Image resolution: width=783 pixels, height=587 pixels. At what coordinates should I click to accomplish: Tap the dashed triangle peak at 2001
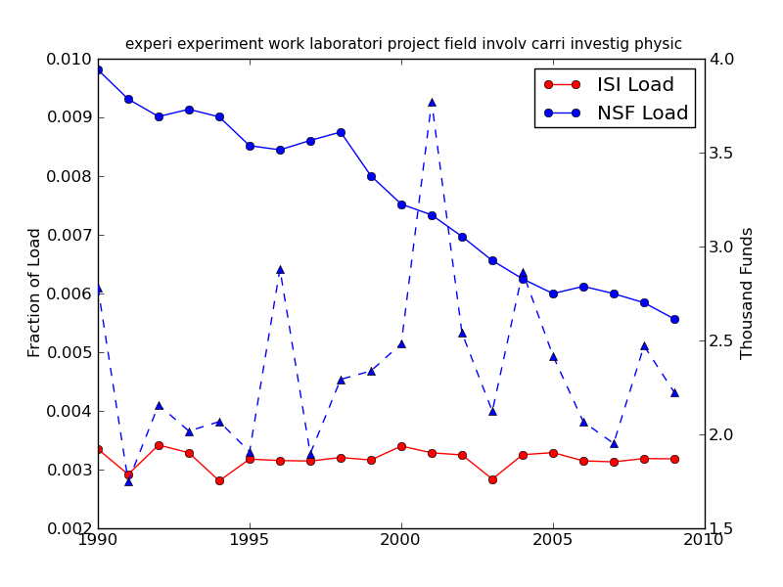432,102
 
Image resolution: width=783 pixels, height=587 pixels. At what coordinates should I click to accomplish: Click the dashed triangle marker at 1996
280,269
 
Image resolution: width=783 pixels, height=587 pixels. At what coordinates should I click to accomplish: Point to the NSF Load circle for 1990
98,69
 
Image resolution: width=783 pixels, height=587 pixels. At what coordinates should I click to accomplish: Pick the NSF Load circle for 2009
674,319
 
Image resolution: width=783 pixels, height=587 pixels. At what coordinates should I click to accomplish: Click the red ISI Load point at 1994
219,480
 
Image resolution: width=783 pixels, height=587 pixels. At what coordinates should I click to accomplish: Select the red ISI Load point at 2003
492,479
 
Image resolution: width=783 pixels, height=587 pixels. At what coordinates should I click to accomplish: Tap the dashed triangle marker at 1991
128,481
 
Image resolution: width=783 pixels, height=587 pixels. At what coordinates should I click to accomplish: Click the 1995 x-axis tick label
250,540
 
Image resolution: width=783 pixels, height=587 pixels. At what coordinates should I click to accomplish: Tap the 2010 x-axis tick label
705,540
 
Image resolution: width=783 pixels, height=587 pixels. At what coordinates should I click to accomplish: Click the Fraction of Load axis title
35,293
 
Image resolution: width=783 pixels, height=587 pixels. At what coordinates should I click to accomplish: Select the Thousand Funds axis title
748,293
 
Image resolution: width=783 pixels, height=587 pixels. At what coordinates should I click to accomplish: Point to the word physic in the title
659,44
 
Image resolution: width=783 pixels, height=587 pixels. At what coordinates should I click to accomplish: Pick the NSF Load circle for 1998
341,132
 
